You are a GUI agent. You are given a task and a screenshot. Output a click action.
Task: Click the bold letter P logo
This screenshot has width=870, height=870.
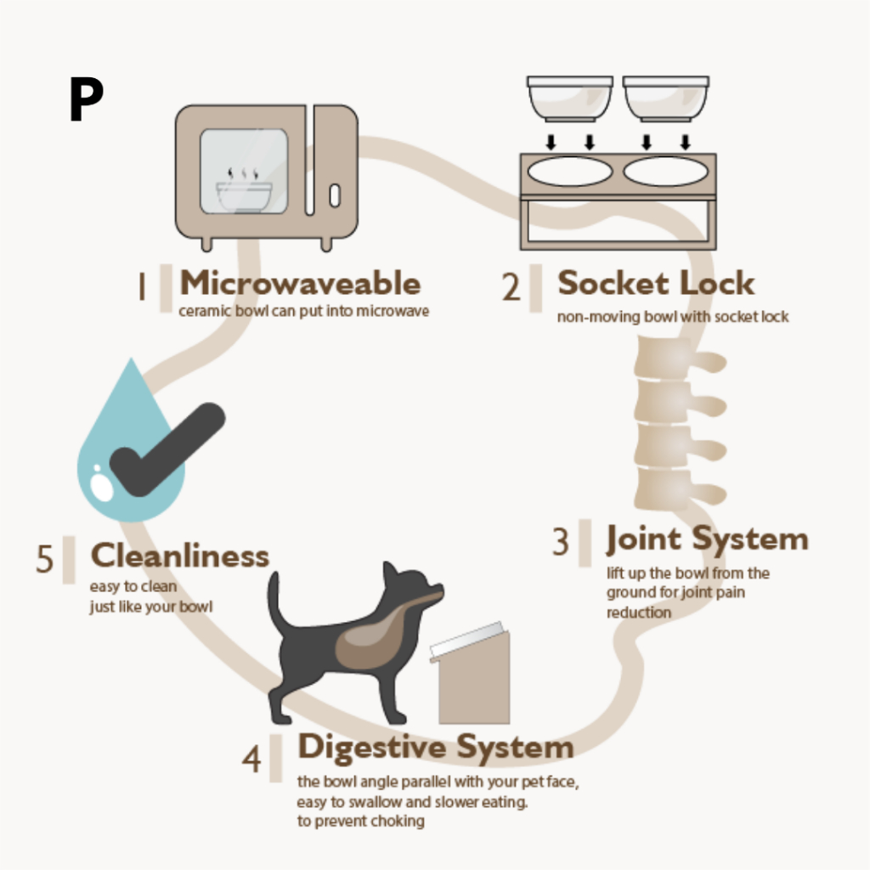coord(86,101)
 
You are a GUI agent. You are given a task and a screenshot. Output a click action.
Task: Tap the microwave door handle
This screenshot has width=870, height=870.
coord(334,195)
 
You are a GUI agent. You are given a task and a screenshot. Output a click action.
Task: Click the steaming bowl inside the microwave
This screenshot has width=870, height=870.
coord(244,195)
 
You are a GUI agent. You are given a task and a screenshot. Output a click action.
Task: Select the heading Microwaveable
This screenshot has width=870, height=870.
coord(300,283)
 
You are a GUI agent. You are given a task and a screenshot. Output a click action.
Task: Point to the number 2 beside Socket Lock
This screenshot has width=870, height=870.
coord(511,287)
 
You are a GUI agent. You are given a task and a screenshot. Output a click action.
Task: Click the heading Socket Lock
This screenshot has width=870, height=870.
coord(656,283)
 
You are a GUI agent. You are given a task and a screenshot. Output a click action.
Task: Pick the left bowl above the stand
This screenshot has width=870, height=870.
coord(570,99)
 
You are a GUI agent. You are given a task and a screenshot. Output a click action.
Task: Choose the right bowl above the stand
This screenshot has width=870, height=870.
coord(665,99)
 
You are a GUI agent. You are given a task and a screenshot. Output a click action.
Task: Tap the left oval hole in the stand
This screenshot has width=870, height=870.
coord(570,172)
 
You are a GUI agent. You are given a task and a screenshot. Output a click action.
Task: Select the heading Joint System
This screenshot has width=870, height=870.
coord(707,539)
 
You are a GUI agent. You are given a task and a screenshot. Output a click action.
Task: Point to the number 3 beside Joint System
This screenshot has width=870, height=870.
coord(560,542)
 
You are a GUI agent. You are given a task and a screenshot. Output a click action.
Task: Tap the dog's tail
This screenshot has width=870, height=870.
coord(276,603)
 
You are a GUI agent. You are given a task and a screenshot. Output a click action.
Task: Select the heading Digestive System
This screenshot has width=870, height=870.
coord(435,747)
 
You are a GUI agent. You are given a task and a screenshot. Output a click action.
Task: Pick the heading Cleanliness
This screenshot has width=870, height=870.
coord(180,556)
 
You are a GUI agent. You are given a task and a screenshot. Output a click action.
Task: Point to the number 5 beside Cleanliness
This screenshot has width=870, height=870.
coord(44,560)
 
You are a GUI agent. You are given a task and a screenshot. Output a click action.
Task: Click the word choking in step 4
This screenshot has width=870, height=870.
coord(397,821)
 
